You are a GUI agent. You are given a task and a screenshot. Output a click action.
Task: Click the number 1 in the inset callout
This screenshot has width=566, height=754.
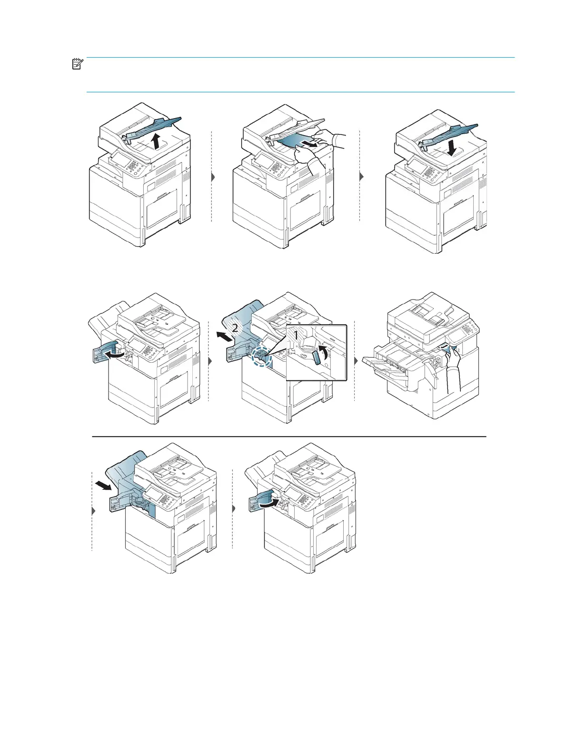[295, 335]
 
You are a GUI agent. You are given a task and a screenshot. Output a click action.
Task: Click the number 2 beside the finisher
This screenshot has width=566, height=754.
[235, 328]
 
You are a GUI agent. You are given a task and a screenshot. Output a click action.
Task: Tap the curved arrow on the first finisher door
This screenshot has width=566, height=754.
[117, 354]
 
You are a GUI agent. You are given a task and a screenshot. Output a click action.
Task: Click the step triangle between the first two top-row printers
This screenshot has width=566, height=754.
[212, 177]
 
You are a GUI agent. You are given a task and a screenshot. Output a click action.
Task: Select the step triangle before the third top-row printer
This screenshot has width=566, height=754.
[361, 176]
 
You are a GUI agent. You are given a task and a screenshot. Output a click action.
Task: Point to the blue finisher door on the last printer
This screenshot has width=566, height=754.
[258, 500]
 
